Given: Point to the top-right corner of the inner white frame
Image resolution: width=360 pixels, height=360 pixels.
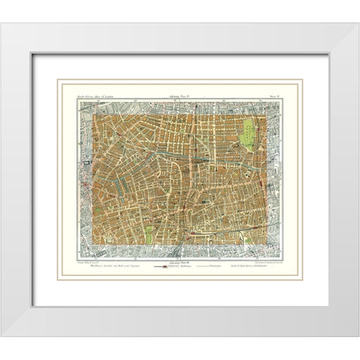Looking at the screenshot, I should coord(328,55).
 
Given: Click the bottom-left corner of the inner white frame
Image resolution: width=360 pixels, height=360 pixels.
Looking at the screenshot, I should coord(31,306).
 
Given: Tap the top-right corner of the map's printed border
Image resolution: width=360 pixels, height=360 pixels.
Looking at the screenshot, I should coord(281,102).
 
